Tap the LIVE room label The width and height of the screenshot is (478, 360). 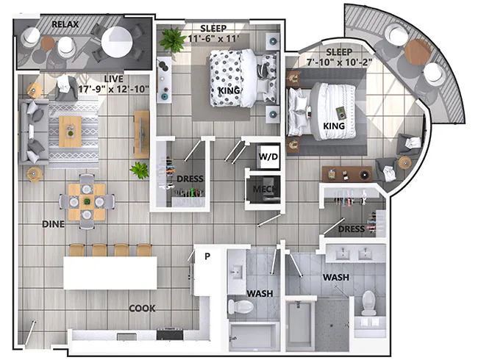(113, 78)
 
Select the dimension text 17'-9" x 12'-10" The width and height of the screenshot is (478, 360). (113, 89)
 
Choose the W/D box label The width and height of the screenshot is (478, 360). (266, 156)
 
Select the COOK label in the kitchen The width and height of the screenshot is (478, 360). (142, 309)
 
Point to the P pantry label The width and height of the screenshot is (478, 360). (207, 257)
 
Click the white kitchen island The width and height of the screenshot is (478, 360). (110, 272)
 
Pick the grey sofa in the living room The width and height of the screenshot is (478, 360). (34, 133)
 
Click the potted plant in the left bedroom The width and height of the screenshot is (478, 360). (174, 39)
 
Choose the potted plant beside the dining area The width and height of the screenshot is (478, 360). (138, 170)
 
